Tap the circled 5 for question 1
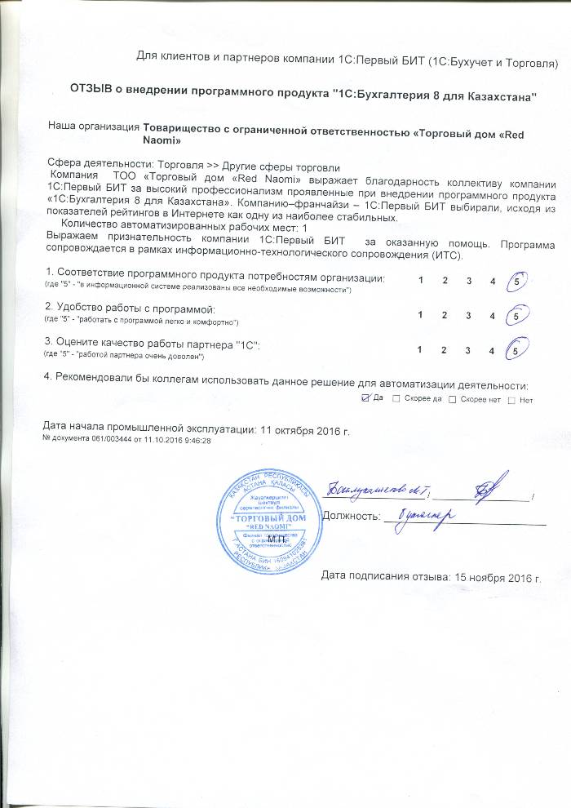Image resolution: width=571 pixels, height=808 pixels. (x=516, y=282)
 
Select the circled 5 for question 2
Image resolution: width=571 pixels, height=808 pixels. (x=516, y=315)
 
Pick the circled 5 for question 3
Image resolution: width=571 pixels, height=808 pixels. (x=516, y=349)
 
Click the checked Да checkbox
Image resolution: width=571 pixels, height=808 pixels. (x=365, y=399)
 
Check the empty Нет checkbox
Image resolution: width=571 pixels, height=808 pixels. (x=511, y=399)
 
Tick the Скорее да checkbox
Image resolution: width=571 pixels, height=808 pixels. (x=396, y=399)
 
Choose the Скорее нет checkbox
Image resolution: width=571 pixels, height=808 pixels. (x=454, y=399)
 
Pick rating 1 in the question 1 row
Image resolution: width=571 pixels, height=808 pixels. (x=420, y=281)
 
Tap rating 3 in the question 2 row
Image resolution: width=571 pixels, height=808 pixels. (x=468, y=315)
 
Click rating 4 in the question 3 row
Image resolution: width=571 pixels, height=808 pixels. (x=492, y=350)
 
